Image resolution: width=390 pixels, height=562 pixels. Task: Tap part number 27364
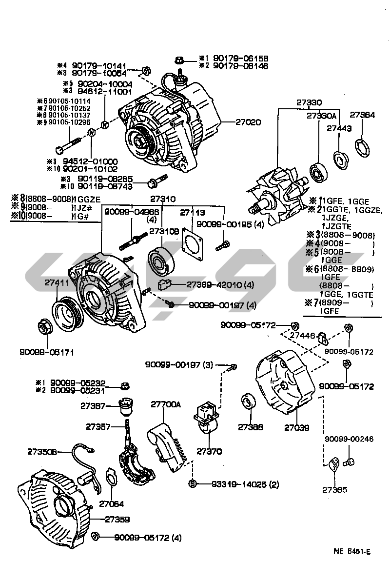coord(362,116)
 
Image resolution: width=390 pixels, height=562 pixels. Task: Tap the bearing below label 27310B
coord(159,260)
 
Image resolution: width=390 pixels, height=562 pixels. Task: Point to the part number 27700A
coord(165,404)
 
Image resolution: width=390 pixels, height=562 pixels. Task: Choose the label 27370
coord(209,451)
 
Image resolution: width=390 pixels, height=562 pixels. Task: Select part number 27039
coord(296,427)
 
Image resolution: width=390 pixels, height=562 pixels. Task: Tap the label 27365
coord(334,489)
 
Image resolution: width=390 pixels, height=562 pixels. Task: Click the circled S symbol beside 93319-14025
coord(192,484)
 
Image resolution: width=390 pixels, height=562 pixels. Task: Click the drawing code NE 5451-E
coord(352,552)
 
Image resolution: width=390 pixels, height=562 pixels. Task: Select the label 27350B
coord(40,452)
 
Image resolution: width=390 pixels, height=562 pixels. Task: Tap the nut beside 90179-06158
coord(179,60)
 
